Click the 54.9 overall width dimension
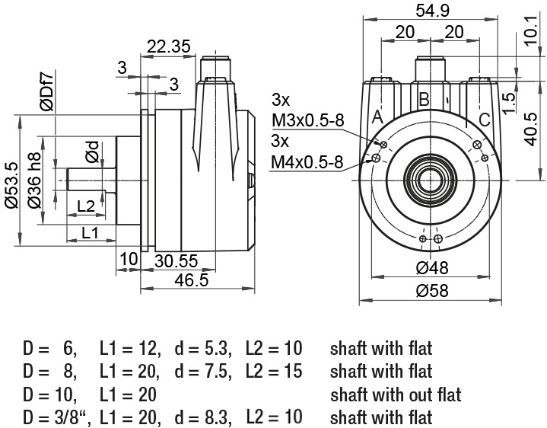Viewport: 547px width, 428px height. tap(432, 11)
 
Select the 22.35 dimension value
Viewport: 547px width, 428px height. tap(169, 46)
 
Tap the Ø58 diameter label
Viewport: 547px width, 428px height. tap(432, 291)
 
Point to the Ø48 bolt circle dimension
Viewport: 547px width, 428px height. tap(432, 268)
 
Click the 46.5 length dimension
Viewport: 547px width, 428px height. tap(192, 280)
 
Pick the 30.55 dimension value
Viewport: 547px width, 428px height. tap(177, 260)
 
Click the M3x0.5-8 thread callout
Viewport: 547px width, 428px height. tap(308, 121)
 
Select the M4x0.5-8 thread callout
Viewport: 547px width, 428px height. tap(307, 162)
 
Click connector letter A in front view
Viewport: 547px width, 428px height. tap(377, 117)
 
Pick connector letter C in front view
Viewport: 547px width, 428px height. tap(485, 120)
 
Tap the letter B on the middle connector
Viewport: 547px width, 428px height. tap(424, 99)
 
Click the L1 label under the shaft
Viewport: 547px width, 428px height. tap(90, 232)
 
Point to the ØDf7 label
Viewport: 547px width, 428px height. tap(46, 90)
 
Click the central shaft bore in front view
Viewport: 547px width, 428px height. tap(431, 180)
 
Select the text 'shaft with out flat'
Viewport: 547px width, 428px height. tap(396, 394)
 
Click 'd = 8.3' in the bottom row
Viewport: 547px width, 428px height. tap(203, 417)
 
